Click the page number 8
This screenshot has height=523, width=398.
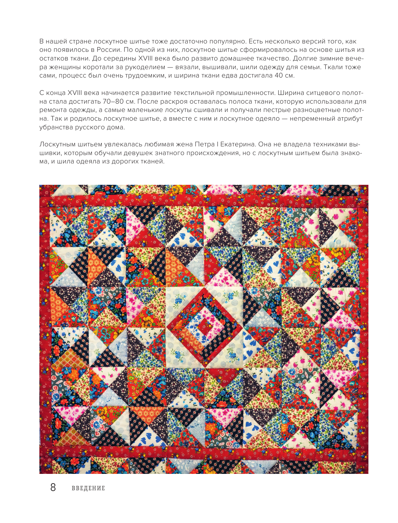point(53,488)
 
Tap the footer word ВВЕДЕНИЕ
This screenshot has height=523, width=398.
point(88,488)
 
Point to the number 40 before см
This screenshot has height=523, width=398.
point(279,76)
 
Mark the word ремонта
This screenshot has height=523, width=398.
point(53,110)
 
